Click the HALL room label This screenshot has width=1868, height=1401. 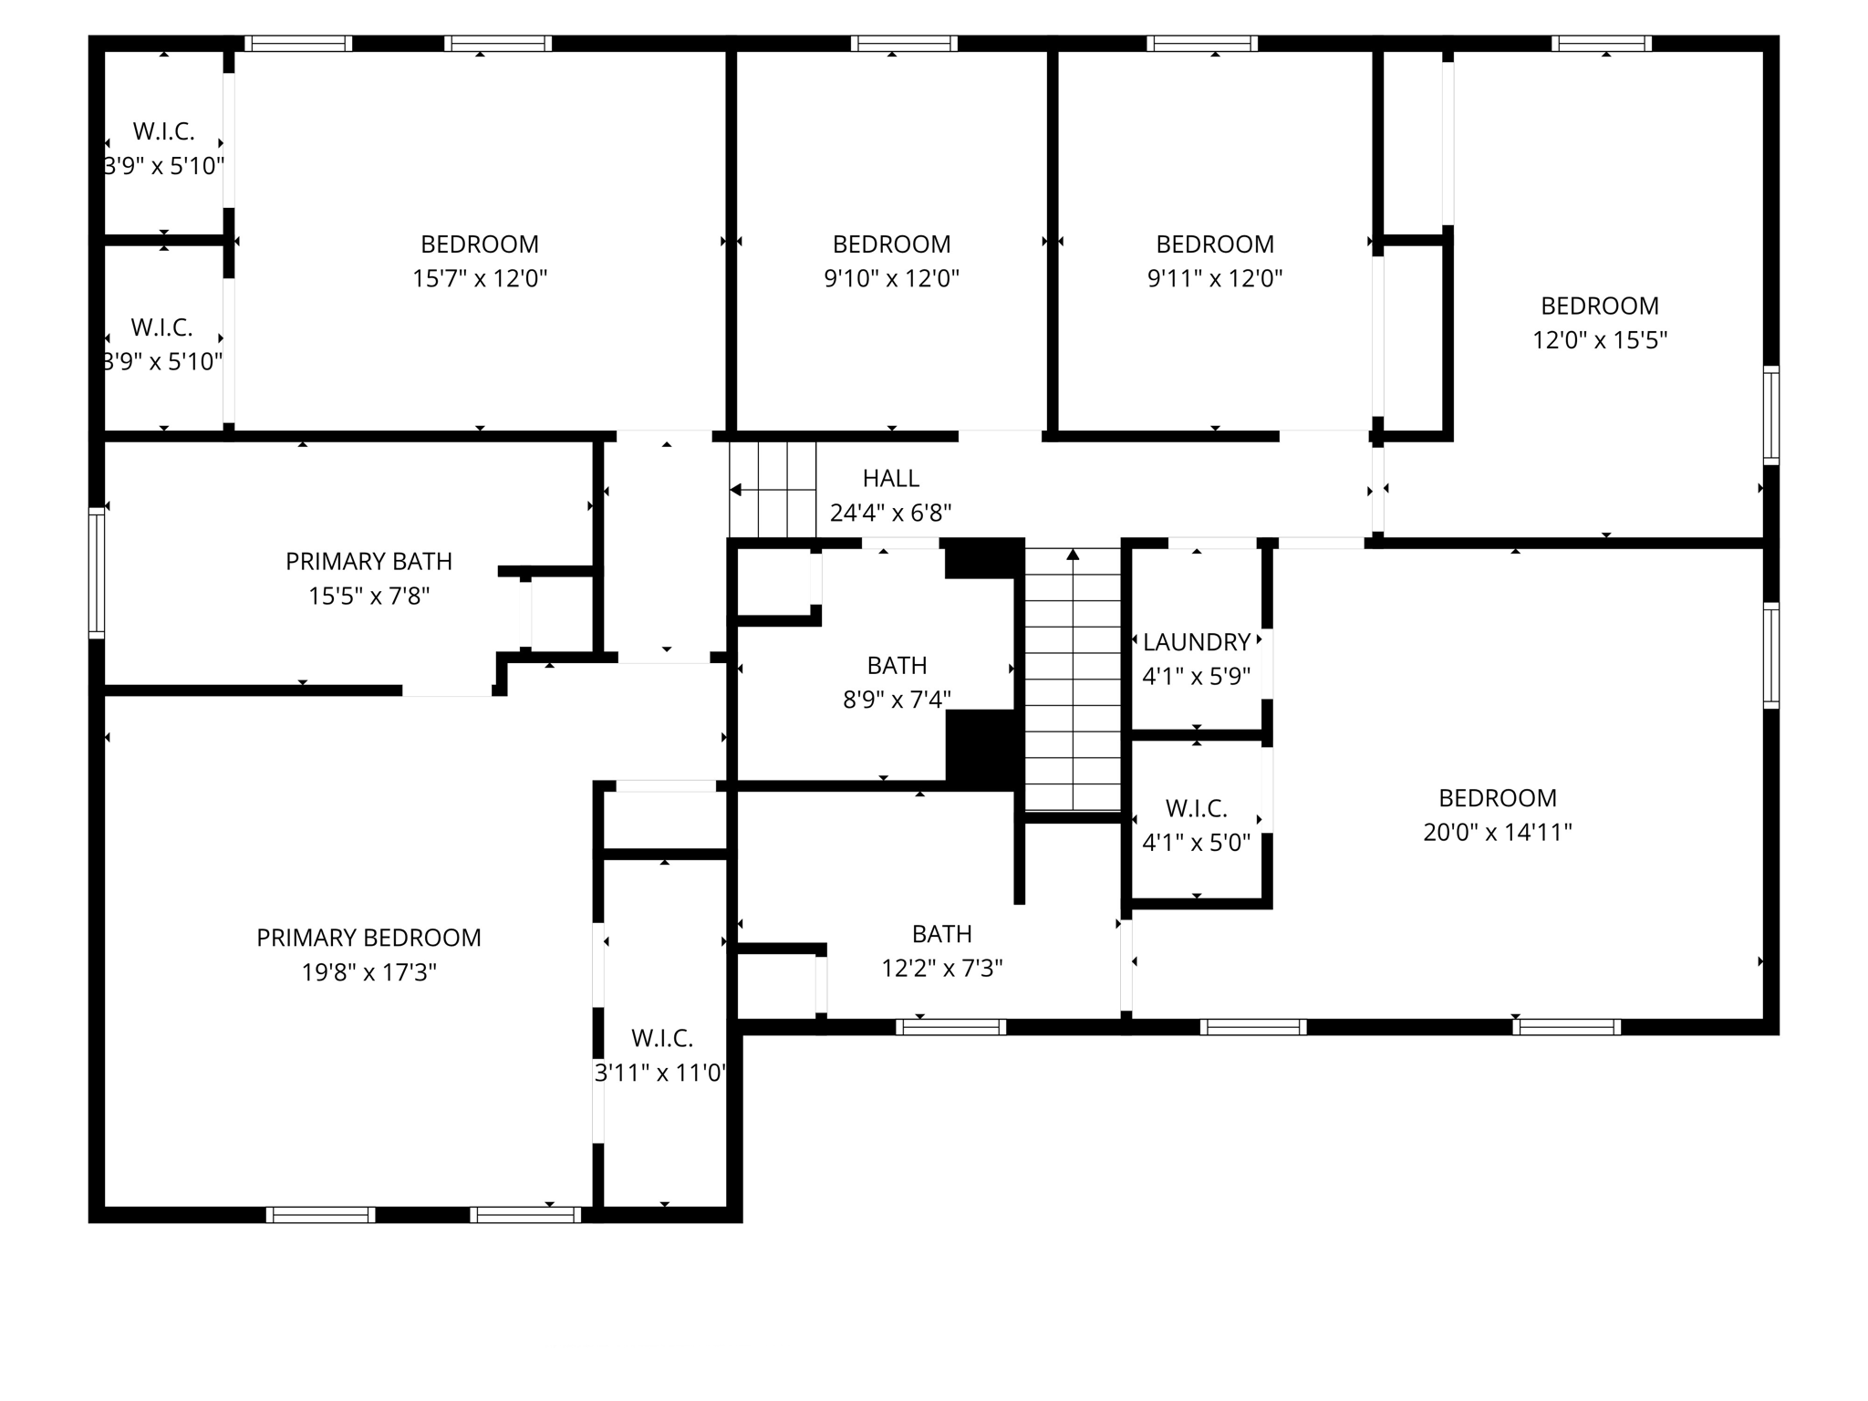(890, 478)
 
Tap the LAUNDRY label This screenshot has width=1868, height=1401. (1196, 642)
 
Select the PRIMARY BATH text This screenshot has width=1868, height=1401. (368, 562)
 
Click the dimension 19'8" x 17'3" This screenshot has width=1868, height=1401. (368, 972)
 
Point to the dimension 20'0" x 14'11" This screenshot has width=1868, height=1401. (1497, 832)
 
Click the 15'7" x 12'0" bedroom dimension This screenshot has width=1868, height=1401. (479, 278)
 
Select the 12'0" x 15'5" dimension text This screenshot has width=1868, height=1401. (1599, 340)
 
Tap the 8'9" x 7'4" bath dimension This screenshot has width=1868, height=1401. (897, 700)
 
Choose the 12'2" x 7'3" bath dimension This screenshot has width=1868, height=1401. (941, 968)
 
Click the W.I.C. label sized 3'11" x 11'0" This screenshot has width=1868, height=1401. (662, 1038)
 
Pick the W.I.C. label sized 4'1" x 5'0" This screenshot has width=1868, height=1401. (1196, 808)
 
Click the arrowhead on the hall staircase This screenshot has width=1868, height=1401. (736, 491)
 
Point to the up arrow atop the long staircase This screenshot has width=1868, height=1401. (1073, 554)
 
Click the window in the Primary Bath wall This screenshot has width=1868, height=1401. (96, 572)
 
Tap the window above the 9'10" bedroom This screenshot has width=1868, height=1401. (903, 43)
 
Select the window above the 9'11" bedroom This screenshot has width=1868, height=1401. (1201, 43)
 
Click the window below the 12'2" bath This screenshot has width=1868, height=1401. (950, 1027)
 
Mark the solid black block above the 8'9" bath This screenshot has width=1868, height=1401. (981, 558)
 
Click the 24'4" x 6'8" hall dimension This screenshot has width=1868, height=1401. (890, 513)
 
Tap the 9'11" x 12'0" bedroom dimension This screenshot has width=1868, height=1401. (1214, 278)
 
